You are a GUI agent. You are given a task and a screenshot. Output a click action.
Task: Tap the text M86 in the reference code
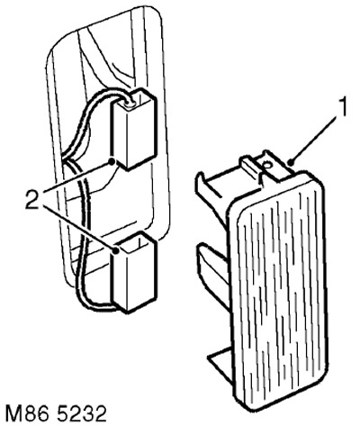25,413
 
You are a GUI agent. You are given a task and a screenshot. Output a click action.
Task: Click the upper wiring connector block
134,129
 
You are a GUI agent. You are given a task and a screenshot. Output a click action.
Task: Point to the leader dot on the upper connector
112,162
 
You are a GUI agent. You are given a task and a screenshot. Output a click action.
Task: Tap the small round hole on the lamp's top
266,164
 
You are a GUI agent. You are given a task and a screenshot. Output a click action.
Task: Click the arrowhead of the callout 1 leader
292,162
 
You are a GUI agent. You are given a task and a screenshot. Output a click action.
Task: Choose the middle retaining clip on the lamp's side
211,264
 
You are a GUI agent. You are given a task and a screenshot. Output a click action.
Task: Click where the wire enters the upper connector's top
130,103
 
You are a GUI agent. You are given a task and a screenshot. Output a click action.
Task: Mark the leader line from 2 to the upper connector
77,177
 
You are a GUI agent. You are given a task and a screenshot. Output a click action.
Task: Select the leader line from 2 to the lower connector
79,226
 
